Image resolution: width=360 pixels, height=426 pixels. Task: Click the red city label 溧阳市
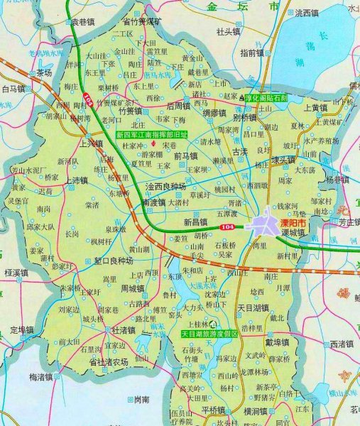pos(292,223)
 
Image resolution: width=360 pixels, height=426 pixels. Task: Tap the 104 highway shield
pos(226,226)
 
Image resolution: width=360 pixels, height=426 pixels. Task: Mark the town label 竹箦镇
pos(131,111)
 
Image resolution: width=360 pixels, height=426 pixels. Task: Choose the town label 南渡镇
pos(155,202)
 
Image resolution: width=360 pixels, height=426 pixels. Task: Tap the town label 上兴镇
pos(90,143)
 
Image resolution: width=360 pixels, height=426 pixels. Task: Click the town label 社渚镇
pos(124,330)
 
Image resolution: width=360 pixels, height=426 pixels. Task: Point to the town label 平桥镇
pos(213,410)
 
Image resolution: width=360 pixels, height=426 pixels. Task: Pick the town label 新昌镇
pos(195,222)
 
